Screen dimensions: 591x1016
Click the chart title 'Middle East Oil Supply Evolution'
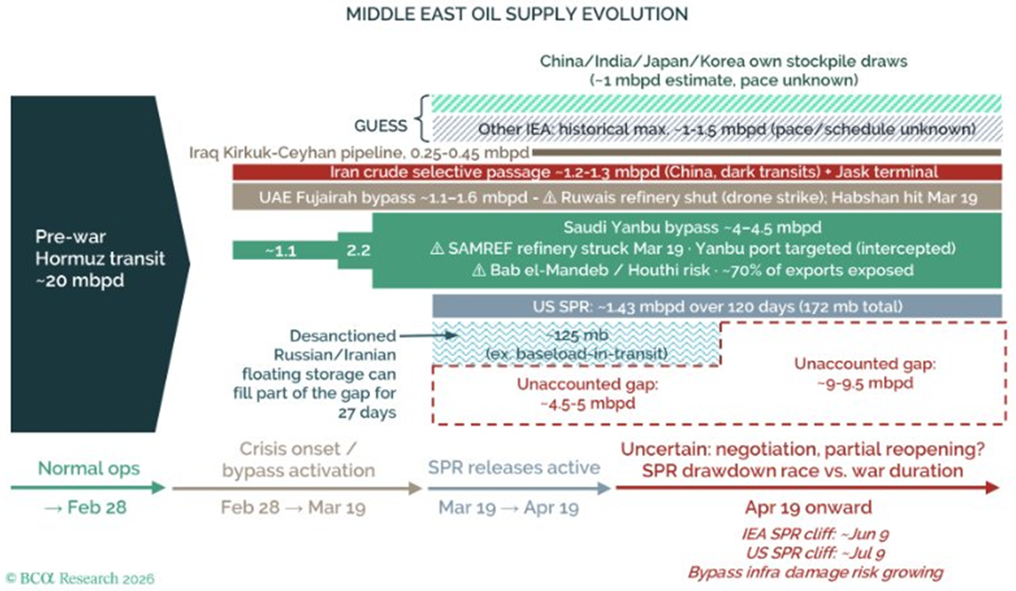pyautogui.click(x=517, y=14)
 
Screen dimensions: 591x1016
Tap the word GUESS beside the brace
pyautogui.click(x=380, y=126)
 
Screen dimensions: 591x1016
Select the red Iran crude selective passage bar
pyautogui.click(x=617, y=172)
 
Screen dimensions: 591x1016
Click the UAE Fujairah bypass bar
pyautogui.click(x=617, y=198)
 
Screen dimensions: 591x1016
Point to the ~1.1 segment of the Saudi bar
pyautogui.click(x=281, y=251)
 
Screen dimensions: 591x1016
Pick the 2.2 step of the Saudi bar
pyautogui.click(x=358, y=251)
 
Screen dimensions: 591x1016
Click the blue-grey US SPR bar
pyautogui.click(x=717, y=306)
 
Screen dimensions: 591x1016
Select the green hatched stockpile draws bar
pyautogui.click(x=716, y=104)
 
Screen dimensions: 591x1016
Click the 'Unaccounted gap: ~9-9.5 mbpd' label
pyautogui.click(x=865, y=373)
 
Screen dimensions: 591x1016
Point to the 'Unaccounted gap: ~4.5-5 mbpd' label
pyautogui.click(x=587, y=393)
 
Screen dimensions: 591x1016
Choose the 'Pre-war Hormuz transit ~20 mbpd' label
pyautogui.click(x=100, y=258)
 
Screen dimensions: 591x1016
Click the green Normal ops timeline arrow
pyautogui.click(x=88, y=488)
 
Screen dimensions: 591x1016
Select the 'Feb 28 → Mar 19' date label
pyautogui.click(x=293, y=507)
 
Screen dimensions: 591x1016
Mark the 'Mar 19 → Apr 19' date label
pyautogui.click(x=509, y=507)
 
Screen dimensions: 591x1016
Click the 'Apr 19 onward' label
pyautogui.click(x=808, y=507)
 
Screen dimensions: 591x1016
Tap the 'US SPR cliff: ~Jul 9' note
pyautogui.click(x=815, y=553)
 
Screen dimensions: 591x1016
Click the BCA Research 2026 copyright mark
pyautogui.click(x=80, y=578)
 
